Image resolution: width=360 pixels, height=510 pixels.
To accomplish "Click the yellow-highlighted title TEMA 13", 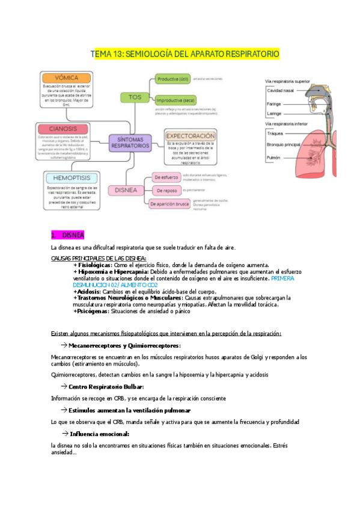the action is pos(185,54).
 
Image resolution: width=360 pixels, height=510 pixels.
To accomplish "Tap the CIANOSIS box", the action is pos(64,128).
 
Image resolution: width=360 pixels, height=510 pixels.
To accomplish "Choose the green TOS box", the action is pos(135,96).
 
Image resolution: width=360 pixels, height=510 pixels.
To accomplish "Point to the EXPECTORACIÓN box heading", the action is pos(191,137).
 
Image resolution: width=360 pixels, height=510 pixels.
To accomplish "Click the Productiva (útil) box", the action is pos(172,79).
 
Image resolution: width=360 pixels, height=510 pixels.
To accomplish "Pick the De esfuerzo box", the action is pos(165,177).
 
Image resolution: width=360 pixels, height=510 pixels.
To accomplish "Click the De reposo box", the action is pos(164,190).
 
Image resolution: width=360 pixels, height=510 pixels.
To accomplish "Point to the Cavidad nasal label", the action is pos(281,90).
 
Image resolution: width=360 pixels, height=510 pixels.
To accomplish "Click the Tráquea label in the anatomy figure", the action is pos(276,134).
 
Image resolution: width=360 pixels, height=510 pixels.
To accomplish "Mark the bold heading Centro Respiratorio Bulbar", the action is pos(106,386).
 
